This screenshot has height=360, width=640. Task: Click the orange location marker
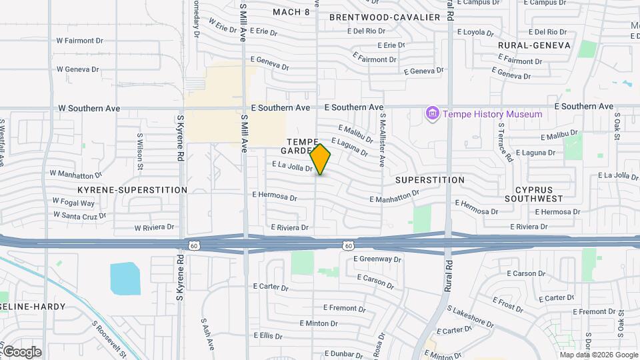[321, 159]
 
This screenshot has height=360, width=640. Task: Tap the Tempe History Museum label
[493, 114]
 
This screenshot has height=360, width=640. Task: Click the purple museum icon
[432, 114]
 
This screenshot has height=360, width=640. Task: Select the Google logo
[21, 351]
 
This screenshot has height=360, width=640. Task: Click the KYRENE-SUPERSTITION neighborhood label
[132, 190]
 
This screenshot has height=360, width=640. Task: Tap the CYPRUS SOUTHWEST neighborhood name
[533, 194]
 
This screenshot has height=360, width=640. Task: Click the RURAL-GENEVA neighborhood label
[535, 45]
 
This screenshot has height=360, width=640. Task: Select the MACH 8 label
[292, 12]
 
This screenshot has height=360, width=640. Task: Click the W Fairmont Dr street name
[80, 41]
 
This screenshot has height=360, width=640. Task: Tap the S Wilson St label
[140, 152]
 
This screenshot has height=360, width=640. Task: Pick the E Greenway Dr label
[377, 259]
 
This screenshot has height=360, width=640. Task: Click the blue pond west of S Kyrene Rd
[125, 279]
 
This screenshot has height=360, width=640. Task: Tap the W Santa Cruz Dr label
[80, 215]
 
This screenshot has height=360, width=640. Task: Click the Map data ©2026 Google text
[598, 355]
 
